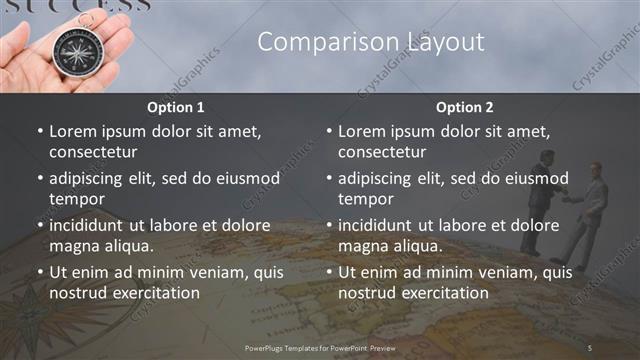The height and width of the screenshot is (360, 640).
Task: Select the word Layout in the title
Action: pyautogui.click(x=445, y=41)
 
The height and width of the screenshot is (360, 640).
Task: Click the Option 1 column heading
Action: pyautogui.click(x=176, y=107)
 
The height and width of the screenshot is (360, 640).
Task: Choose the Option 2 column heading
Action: pyautogui.click(x=464, y=107)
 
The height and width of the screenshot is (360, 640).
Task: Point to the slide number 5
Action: pyautogui.click(x=590, y=347)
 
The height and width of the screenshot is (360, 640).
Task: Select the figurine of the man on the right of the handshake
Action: pyautogui.click(x=592, y=205)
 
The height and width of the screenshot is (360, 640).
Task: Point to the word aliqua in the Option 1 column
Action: pyautogui.click(x=124, y=246)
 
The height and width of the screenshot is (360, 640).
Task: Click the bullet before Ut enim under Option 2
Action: pyautogui.click(x=329, y=272)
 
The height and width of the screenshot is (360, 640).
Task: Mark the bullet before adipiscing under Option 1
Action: pyautogui.click(x=40, y=179)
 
